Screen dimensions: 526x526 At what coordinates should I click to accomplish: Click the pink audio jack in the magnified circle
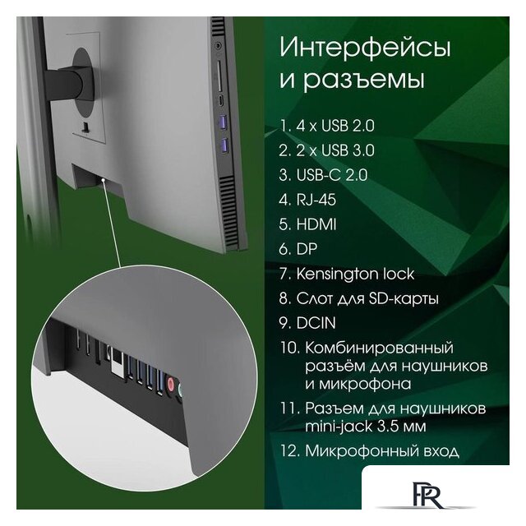coord(171,384)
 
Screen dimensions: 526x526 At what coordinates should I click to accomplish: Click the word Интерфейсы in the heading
coord(365,48)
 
